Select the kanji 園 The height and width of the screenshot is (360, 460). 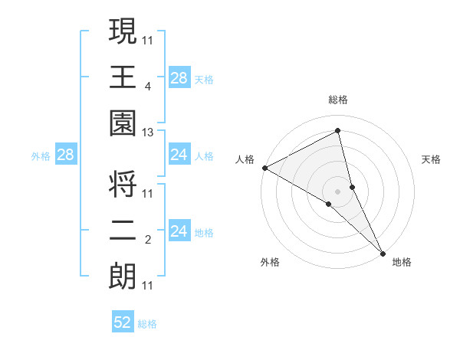point(123,124)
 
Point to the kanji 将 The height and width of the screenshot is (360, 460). point(123,184)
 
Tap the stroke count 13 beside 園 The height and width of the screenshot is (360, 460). point(147,133)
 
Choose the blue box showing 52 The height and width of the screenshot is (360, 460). point(123,322)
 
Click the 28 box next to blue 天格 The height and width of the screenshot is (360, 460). point(179,77)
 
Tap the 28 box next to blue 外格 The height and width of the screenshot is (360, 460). point(66,155)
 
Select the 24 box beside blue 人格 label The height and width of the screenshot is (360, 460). point(179,155)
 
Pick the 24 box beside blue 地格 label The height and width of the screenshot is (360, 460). point(179,232)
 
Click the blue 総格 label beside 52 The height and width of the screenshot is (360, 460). point(147,323)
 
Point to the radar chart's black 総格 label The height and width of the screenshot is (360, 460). point(338,100)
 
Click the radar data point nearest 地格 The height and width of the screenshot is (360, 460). point(383,250)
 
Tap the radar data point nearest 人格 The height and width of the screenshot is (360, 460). point(264,167)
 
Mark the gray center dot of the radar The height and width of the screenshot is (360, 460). point(338,190)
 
